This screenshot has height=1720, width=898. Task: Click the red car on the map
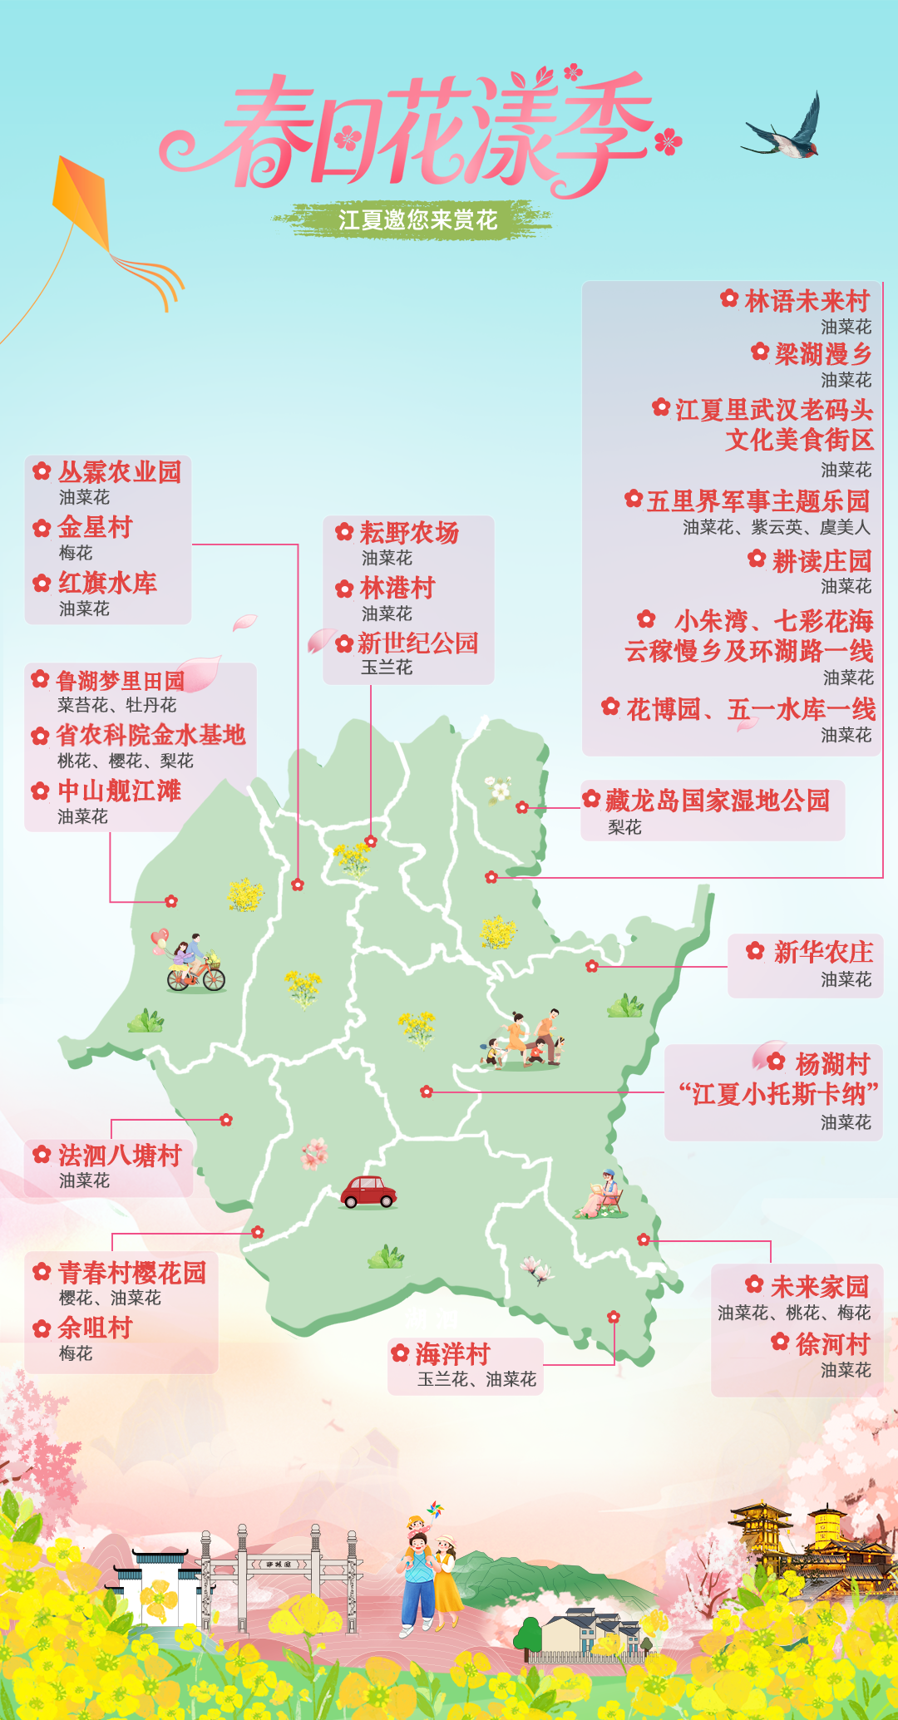tap(368, 1191)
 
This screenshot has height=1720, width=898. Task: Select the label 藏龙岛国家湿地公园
tap(717, 801)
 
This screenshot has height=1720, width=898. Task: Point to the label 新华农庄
tap(822, 952)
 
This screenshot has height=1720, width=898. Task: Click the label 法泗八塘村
tap(119, 1156)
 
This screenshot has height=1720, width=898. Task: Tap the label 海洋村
tap(452, 1354)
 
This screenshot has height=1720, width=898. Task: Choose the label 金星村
tap(95, 527)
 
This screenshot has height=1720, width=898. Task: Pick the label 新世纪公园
tap(417, 643)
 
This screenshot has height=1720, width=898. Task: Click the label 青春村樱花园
tap(131, 1273)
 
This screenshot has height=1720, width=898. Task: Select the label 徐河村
tap(832, 1344)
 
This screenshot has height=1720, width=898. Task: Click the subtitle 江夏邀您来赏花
tap(417, 220)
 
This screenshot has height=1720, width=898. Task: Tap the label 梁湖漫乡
tap(822, 354)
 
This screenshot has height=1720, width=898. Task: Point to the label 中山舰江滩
tap(119, 791)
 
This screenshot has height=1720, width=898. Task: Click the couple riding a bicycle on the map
tap(193, 964)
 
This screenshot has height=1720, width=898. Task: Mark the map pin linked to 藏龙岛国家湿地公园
tap(521, 807)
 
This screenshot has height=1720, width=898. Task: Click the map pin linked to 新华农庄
tap(592, 966)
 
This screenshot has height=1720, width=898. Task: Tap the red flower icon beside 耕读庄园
tap(757, 559)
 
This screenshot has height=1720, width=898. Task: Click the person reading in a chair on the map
tap(602, 1195)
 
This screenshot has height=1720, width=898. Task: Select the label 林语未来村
tap(807, 301)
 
